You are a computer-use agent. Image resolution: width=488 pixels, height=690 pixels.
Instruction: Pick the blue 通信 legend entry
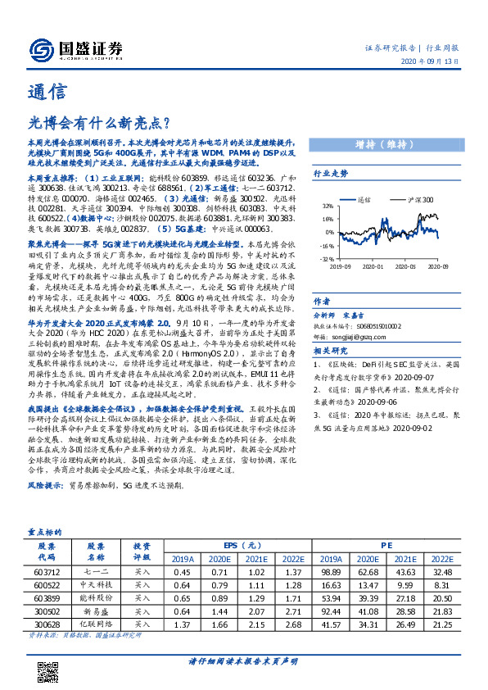[x=363, y=199]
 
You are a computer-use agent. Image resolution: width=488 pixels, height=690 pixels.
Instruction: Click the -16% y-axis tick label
[x=326, y=245]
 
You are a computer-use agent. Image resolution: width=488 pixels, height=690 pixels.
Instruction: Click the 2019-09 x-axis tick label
[x=341, y=266]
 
